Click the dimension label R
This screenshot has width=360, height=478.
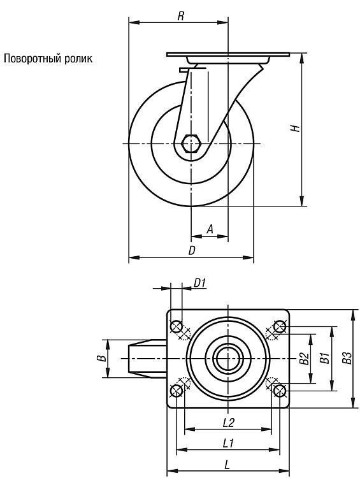coord(181,16)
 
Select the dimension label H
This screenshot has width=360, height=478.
coord(295,128)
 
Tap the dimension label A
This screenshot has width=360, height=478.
coord(210,229)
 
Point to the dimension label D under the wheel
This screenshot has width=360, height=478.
coord(191,250)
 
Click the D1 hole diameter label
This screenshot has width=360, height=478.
coord(200,283)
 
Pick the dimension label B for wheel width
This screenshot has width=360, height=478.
coord(103,358)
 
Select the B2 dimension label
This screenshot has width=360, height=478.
coord(304,358)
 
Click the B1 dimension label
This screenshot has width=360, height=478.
coord(324,358)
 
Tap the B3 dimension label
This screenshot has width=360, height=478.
coord(347,358)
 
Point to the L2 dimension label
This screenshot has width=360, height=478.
coord(228,423)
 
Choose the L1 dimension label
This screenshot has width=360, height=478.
coord(228,443)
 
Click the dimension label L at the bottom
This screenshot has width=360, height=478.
coord(227,465)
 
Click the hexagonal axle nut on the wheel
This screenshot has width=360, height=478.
coord(191,143)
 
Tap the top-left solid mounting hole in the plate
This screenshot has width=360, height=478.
coord(176,327)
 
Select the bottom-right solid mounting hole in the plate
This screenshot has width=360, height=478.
coord(279,391)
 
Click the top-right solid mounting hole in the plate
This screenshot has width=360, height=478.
coord(280,327)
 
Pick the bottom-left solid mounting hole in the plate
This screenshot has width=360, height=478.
coord(176,391)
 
